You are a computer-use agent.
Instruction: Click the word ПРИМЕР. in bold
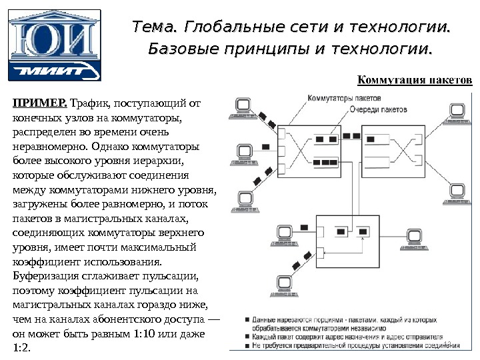click(39, 103)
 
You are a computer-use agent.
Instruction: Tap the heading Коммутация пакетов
click(415, 81)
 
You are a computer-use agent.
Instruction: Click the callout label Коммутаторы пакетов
click(340, 98)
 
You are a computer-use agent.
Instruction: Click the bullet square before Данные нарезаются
click(248, 319)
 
